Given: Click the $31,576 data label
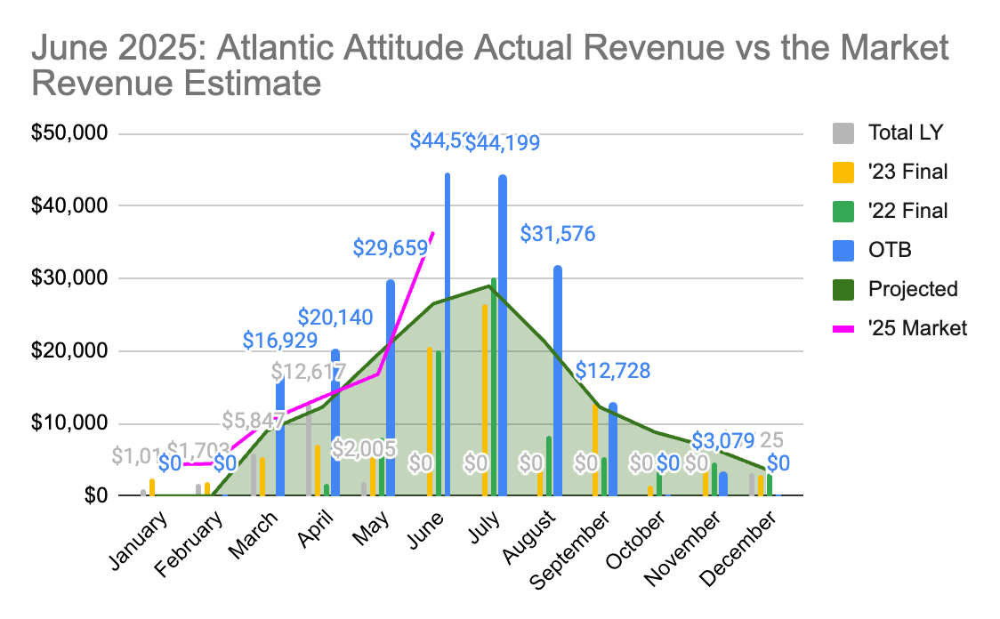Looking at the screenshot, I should coord(559,235).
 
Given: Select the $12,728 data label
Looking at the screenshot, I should coord(613,371).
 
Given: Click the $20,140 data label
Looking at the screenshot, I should coord(335,317).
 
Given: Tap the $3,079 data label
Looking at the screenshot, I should coord(722,440).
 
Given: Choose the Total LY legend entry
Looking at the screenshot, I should coord(905,133).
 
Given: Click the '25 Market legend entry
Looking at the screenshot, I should coord(916,328).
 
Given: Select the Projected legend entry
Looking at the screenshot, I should coord(913,289).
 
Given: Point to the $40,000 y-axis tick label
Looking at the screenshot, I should coord(69,205).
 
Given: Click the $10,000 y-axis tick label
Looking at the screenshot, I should coord(69,423).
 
